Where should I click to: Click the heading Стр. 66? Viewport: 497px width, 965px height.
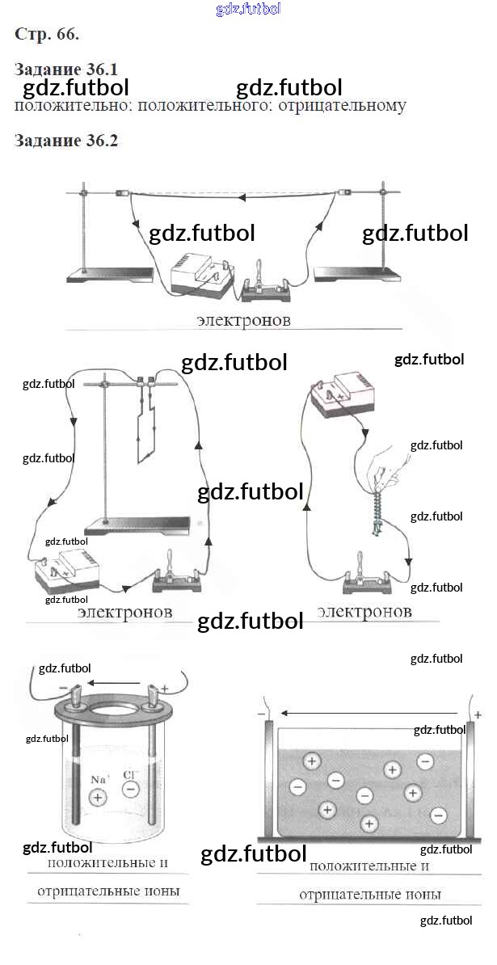[47, 35]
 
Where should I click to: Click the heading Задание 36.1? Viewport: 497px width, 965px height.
[65, 69]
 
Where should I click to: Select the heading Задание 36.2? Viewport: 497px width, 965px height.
[65, 141]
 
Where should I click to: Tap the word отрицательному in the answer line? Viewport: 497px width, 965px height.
[342, 105]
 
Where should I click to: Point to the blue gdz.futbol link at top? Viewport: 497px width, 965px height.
[249, 9]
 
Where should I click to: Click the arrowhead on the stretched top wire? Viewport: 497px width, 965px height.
[241, 197]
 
